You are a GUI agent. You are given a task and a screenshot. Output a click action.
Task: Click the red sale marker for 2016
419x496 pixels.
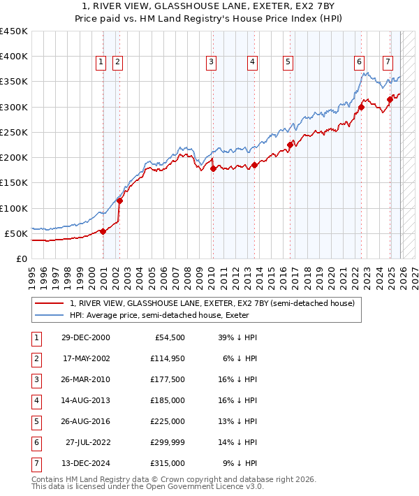289,145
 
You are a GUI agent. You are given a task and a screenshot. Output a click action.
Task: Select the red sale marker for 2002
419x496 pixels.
119,200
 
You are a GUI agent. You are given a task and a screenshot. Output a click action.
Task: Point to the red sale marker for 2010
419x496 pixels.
212,168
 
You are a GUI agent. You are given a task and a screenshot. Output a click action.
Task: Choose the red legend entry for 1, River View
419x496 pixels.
212,303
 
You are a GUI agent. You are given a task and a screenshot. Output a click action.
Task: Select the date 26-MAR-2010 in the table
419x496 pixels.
85,379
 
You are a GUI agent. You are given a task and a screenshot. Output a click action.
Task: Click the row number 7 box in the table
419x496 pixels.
36,463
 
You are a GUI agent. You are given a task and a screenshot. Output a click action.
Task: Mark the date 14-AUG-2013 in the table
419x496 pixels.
85,400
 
